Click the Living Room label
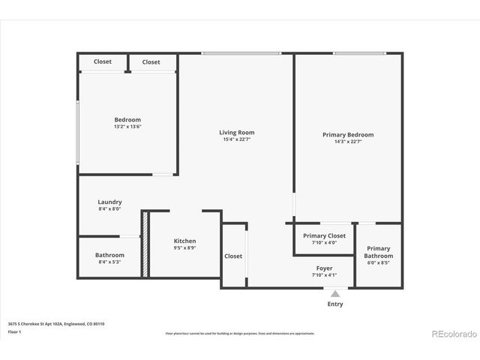(x=236, y=132)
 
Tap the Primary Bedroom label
(x=347, y=134)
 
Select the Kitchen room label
(x=184, y=241)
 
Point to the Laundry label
(x=109, y=202)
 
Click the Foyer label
(x=324, y=268)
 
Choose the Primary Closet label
(x=324, y=235)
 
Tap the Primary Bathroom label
(x=378, y=252)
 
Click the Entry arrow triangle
(x=335, y=294)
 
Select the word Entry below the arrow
(x=335, y=304)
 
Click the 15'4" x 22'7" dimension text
(x=236, y=140)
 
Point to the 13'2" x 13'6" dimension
(x=127, y=127)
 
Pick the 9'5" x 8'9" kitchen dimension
(x=184, y=248)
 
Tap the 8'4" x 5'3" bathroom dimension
(x=109, y=262)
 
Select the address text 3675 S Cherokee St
(x=56, y=323)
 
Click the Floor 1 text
(x=15, y=331)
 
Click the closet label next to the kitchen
(x=233, y=256)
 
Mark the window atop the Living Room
(x=241, y=52)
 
